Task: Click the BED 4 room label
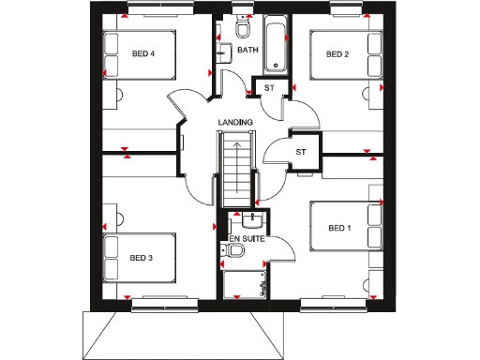tap(143, 54)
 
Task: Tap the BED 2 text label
tap(337, 54)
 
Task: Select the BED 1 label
tap(339, 228)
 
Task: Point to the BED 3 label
tap(142, 258)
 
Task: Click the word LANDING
tap(235, 123)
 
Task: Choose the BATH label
tap(247, 50)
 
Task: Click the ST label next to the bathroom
tap(268, 89)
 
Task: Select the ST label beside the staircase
tap(301, 152)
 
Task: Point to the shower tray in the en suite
tap(246, 279)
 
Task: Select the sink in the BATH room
tap(225, 53)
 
